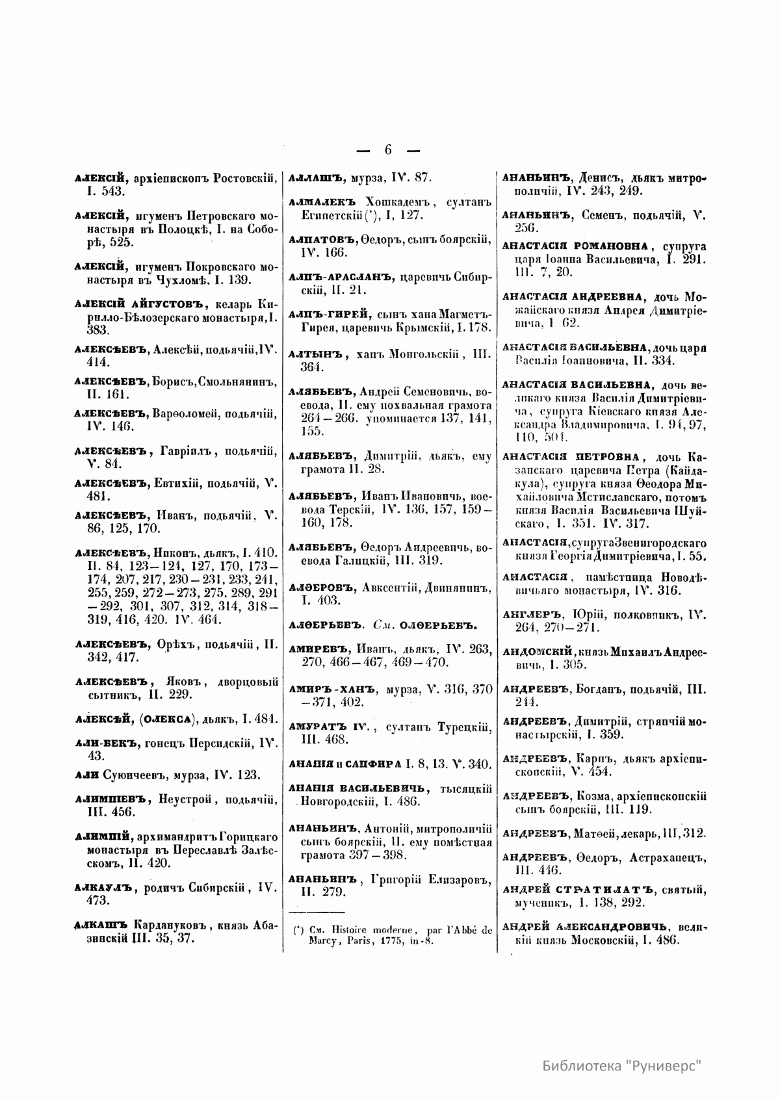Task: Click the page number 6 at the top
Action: [388, 150]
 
